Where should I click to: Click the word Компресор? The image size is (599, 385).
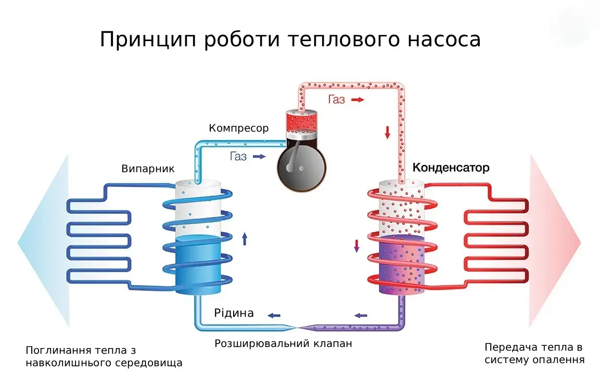pos(238,128)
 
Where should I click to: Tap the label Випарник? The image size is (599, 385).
pos(148,169)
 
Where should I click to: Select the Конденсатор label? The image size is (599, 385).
pos(451,168)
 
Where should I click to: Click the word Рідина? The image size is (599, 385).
pos(234,313)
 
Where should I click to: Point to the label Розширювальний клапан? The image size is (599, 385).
pos(283,344)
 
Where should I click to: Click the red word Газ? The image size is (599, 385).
pos(337,99)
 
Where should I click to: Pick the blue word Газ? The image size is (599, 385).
pos(238,157)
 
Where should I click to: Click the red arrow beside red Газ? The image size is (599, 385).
pos(358,99)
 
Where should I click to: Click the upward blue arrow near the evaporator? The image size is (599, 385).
pos(245,239)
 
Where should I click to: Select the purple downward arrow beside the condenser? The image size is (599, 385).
pos(356,246)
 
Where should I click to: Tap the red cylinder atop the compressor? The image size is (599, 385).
pos(302,122)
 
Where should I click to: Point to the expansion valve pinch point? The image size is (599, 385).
pos(296,327)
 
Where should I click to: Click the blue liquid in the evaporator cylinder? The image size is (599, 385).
pos(197,263)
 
